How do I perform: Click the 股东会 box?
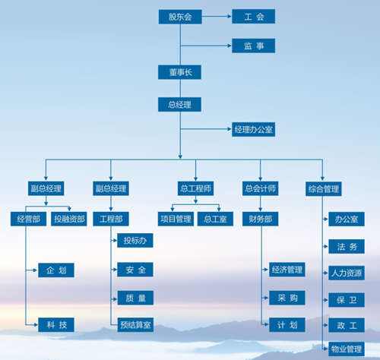click(x=180, y=17)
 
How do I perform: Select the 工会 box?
click(x=253, y=17)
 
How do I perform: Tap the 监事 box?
click(x=253, y=46)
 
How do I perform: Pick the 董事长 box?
click(x=179, y=72)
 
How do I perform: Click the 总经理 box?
click(x=179, y=104)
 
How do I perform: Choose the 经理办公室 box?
click(x=253, y=129)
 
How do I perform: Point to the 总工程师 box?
click(x=195, y=188)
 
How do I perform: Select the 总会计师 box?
click(x=260, y=188)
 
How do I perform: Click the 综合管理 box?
click(x=324, y=189)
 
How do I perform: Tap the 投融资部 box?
click(x=69, y=219)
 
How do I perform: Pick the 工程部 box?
click(x=111, y=219)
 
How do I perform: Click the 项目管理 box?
click(x=176, y=219)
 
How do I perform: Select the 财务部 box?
click(x=260, y=219)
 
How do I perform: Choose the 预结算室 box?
click(x=135, y=324)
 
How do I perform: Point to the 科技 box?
click(x=56, y=324)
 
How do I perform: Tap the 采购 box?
click(x=287, y=298)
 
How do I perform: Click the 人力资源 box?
click(x=347, y=273)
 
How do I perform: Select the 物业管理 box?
click(x=347, y=349)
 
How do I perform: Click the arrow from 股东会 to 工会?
click(x=217, y=17)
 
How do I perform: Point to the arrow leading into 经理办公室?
click(x=206, y=129)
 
